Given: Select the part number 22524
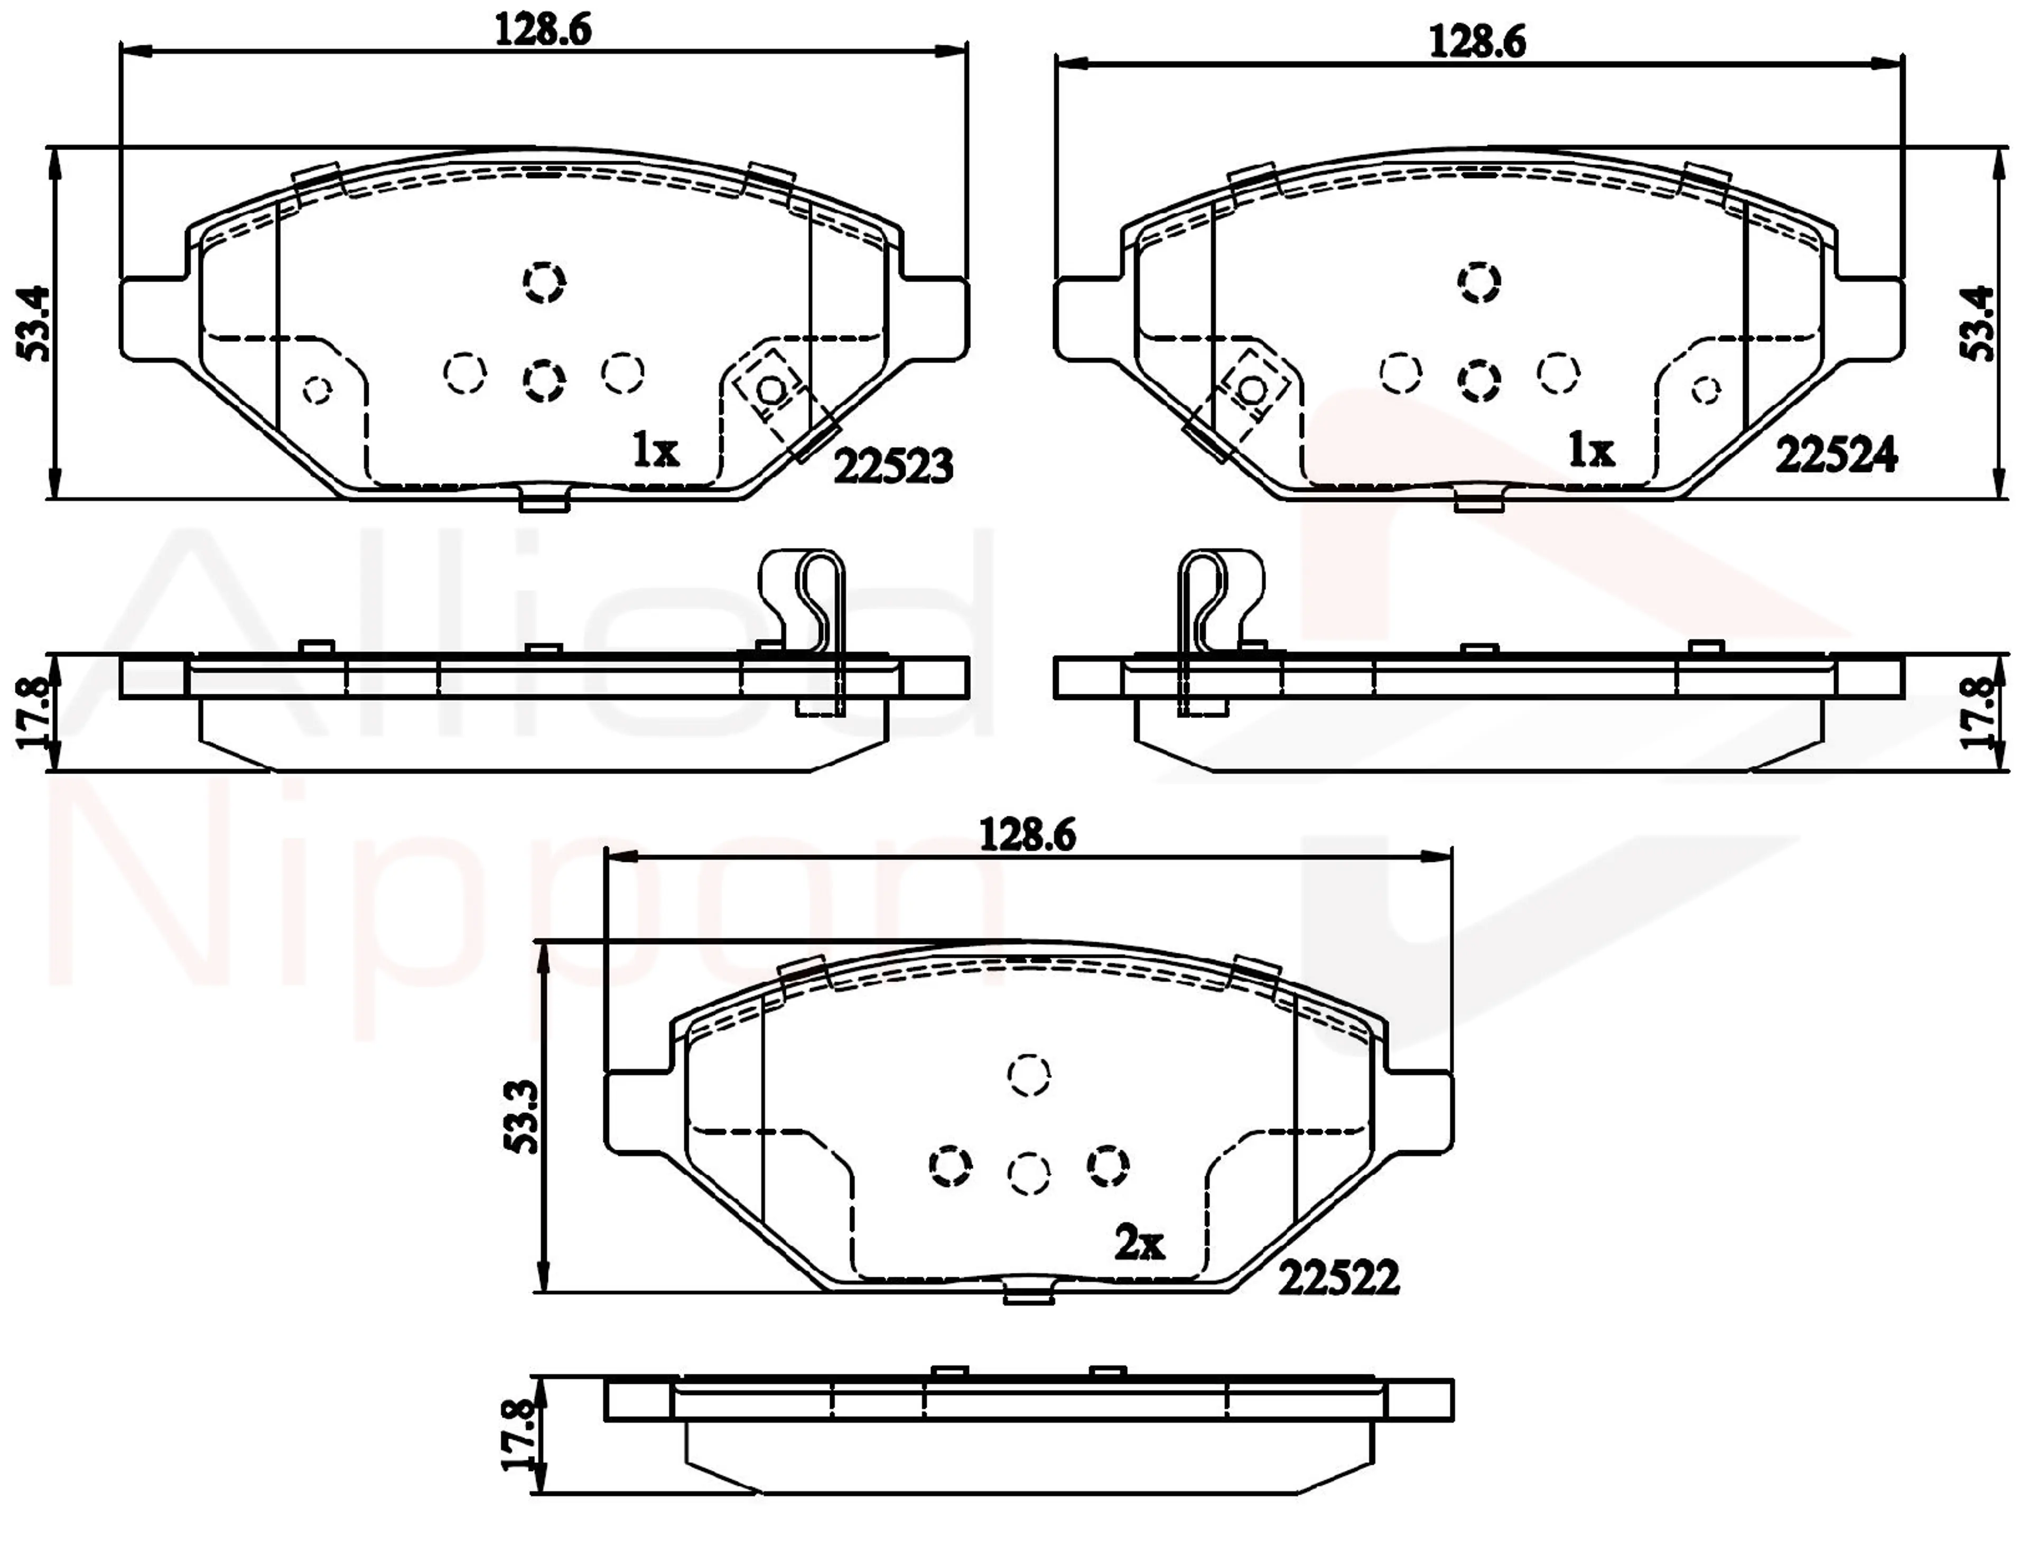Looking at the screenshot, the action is tap(1837, 456).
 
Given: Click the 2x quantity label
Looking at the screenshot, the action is tap(1139, 1243).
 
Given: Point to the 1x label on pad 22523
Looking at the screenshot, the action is tap(656, 452).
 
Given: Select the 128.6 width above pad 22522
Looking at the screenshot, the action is tap(1028, 836).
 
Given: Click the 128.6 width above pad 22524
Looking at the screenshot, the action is tap(1478, 42).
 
